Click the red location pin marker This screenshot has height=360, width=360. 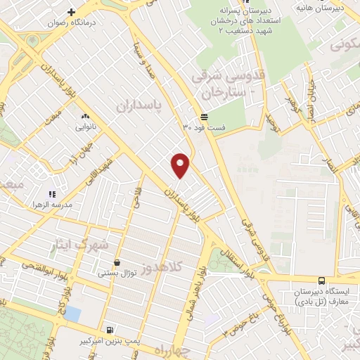point(181,165)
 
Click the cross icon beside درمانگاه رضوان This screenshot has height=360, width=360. point(72,12)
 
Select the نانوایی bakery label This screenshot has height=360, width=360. point(85,128)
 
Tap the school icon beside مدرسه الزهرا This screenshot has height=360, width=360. point(51,194)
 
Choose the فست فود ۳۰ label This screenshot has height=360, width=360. point(204,128)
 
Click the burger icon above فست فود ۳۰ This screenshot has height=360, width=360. point(204,117)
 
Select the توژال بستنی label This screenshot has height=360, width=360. point(117,272)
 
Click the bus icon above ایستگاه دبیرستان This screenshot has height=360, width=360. point(321,280)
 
